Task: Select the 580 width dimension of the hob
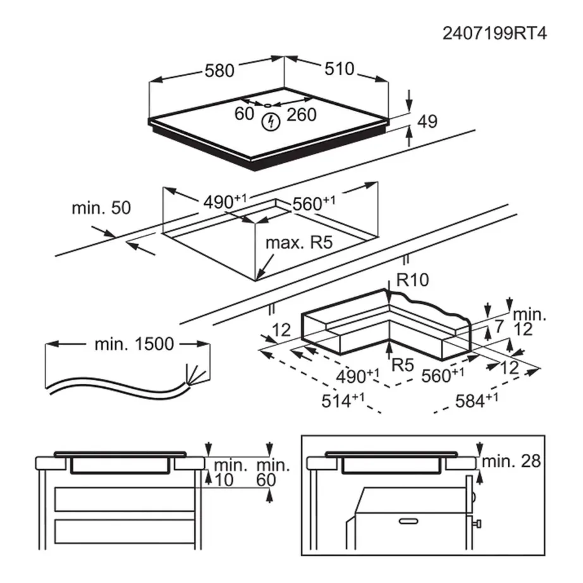click(219, 70)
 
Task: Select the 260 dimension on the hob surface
click(301, 114)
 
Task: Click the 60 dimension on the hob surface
click(243, 114)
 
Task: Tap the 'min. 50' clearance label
click(101, 208)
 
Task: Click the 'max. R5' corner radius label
click(298, 242)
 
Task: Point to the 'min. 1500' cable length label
click(133, 344)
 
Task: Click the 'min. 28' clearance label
click(511, 462)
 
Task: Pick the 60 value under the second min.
click(266, 480)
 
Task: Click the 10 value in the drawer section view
click(224, 480)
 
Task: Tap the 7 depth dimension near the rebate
click(498, 328)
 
